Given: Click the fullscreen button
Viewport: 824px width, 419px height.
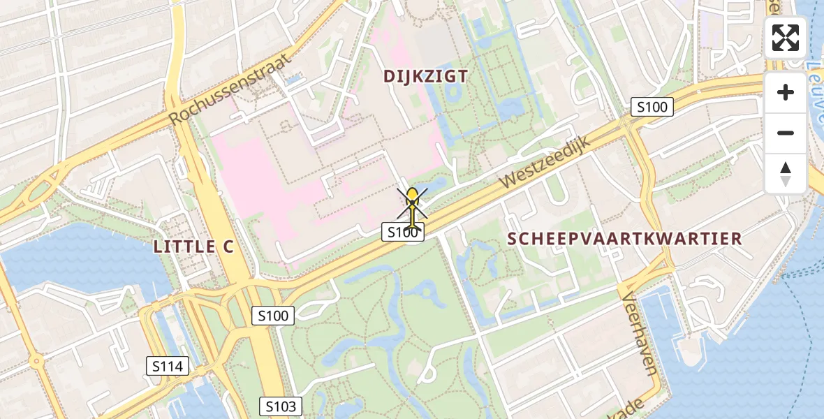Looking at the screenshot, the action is (786, 38).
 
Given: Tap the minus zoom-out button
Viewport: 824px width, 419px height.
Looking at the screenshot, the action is (786, 133).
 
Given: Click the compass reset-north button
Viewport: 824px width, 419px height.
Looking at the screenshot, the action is (786, 173).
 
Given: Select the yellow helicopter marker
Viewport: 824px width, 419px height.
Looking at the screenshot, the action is (413, 207).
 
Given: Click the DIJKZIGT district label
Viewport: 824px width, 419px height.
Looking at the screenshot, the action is (425, 76).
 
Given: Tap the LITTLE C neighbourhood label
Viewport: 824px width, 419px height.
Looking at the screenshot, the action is (193, 247).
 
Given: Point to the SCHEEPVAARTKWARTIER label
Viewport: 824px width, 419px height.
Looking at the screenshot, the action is (624, 238).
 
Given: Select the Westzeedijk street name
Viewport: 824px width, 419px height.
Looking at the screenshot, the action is (545, 162).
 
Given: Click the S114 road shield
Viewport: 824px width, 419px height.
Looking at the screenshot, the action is (168, 365).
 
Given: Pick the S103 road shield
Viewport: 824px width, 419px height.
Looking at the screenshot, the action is (281, 406).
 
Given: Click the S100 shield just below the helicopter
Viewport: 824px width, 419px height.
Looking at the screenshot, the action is (403, 233).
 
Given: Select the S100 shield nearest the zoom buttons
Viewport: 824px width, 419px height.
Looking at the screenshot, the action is (652, 107).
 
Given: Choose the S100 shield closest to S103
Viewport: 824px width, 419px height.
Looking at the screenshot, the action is (272, 316).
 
